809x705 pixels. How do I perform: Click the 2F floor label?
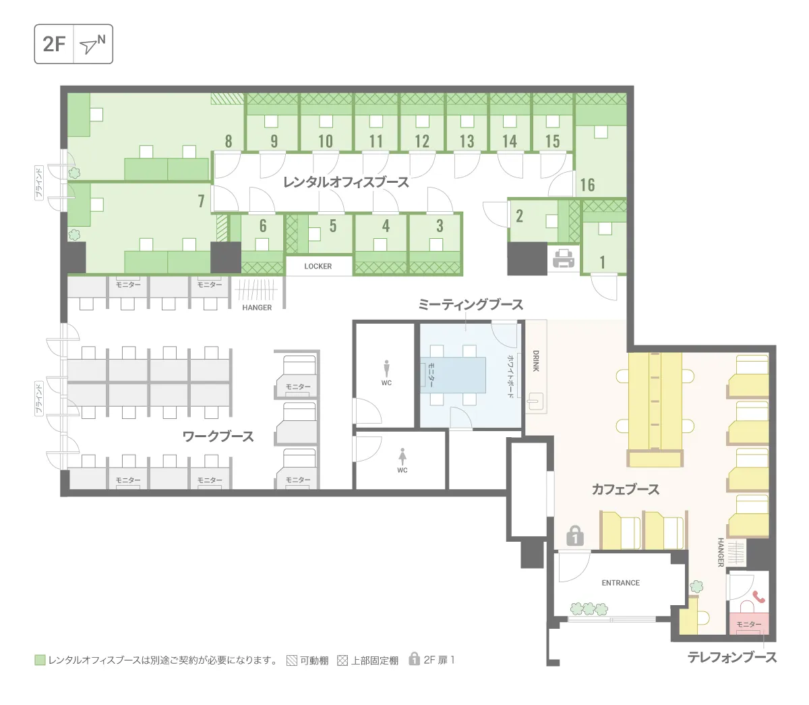[x=54, y=44]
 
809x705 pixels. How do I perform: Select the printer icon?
[x=563, y=258]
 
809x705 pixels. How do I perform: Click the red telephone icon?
[x=758, y=596]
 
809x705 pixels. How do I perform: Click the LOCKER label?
[x=318, y=266]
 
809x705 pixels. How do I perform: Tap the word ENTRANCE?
[x=620, y=583]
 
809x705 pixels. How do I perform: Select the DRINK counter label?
[x=536, y=361]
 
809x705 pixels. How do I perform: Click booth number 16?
[x=587, y=185]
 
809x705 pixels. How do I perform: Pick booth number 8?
[x=229, y=141]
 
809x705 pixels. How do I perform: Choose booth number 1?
[x=602, y=262]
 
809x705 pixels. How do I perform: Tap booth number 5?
[x=333, y=226]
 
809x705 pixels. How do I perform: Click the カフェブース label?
[x=625, y=489]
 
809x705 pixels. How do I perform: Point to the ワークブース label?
[x=218, y=436]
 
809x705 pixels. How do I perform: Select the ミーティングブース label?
[x=471, y=304]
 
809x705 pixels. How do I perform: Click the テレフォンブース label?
[x=732, y=657]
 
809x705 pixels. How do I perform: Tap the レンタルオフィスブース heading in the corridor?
[x=346, y=182]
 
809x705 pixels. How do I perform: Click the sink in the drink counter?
[x=536, y=401]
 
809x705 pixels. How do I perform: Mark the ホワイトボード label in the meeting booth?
[x=510, y=376]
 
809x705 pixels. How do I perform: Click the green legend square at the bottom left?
[x=40, y=660]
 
